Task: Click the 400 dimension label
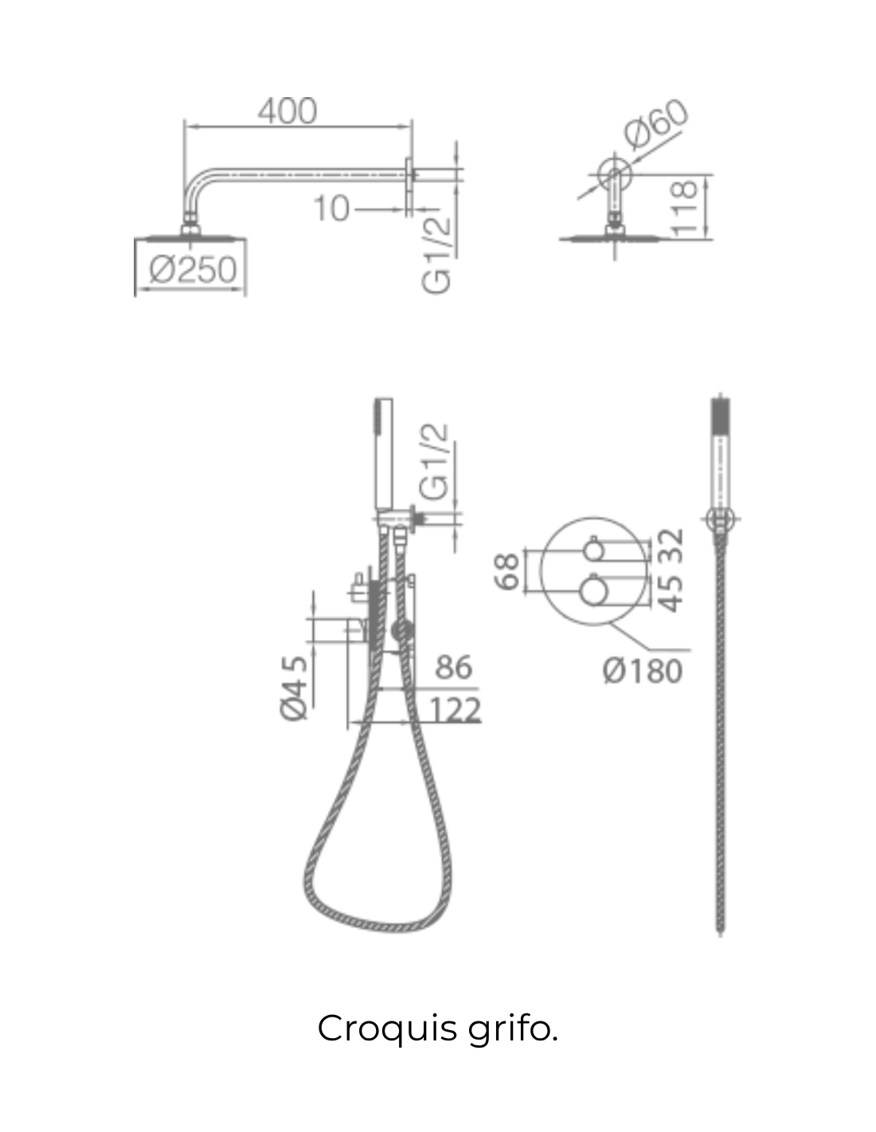pyautogui.click(x=287, y=111)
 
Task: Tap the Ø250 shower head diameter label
pyautogui.click(x=193, y=270)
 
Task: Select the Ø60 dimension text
pyautogui.click(x=655, y=124)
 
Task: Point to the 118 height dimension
pyautogui.click(x=684, y=208)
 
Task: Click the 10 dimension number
pyautogui.click(x=331, y=209)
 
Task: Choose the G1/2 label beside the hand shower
pyautogui.click(x=433, y=462)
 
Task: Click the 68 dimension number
pyautogui.click(x=506, y=571)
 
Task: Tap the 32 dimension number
pyautogui.click(x=671, y=545)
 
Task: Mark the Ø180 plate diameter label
pyautogui.click(x=643, y=671)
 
